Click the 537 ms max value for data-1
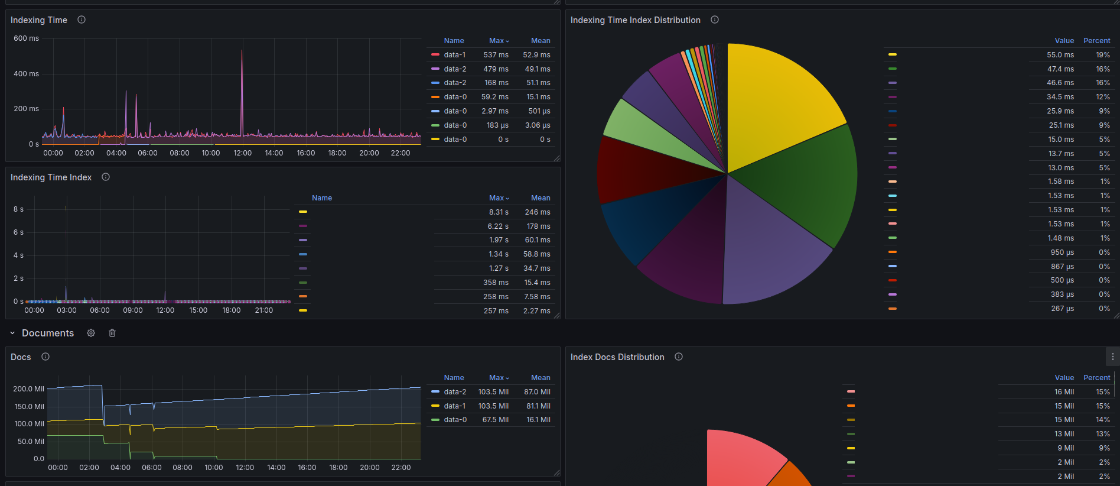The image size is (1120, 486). pyautogui.click(x=496, y=55)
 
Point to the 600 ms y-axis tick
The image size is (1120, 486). pyautogui.click(x=26, y=38)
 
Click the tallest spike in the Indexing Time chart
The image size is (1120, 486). pyautogui.click(x=242, y=51)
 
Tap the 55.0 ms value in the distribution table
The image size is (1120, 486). pyautogui.click(x=1060, y=55)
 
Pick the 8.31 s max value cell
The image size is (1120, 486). pyautogui.click(x=498, y=212)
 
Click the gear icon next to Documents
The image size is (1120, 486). pyautogui.click(x=91, y=333)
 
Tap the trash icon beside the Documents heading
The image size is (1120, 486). pyautogui.click(x=112, y=333)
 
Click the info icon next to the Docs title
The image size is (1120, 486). pyautogui.click(x=45, y=357)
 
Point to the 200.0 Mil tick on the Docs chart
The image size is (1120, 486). pyautogui.click(x=28, y=389)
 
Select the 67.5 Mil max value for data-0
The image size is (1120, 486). pyautogui.click(x=495, y=420)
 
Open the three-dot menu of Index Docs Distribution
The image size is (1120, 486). pyautogui.click(x=1112, y=357)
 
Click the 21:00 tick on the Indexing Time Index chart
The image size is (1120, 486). pyautogui.click(x=263, y=310)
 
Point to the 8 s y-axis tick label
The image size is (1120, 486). pyautogui.click(x=18, y=209)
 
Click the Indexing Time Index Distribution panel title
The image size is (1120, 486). pyautogui.click(x=635, y=20)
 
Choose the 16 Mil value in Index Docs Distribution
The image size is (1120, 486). pyautogui.click(x=1064, y=392)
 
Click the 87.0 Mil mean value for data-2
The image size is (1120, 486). pyautogui.click(x=537, y=392)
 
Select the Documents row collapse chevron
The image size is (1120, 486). pyautogui.click(x=12, y=333)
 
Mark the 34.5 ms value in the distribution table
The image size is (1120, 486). pyautogui.click(x=1060, y=97)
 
